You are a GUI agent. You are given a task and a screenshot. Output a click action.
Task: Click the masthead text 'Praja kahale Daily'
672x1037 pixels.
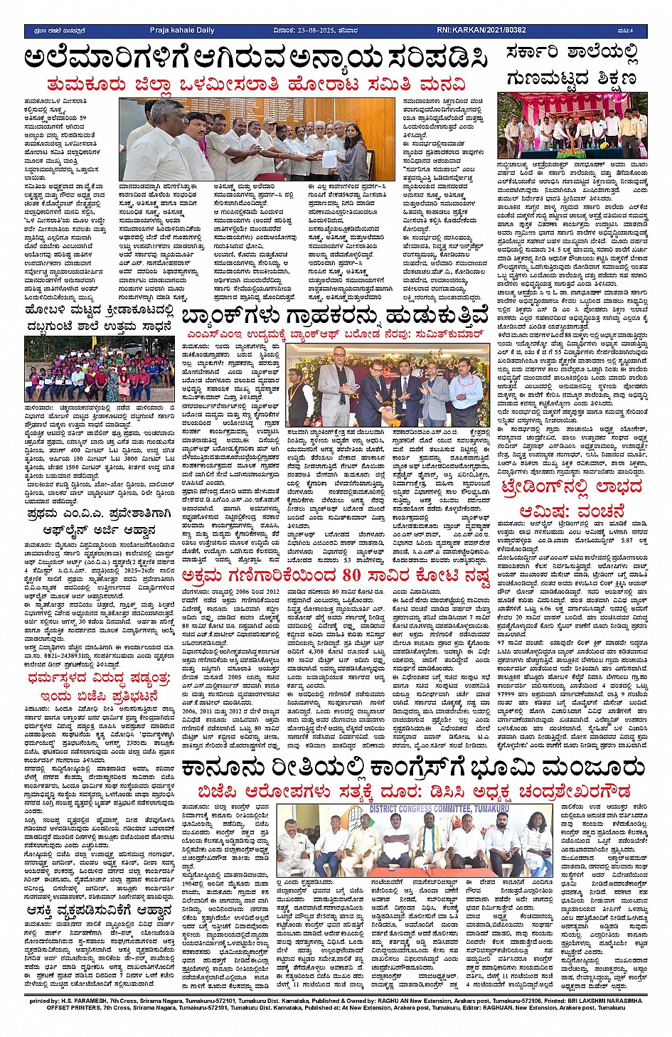(x=181, y=31)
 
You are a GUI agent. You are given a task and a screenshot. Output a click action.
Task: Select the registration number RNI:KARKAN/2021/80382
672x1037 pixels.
(x=481, y=31)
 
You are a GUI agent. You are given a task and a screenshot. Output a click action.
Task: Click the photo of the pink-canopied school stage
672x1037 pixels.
(x=572, y=125)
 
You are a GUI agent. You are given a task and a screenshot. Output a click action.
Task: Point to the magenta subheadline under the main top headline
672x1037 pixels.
(x=257, y=84)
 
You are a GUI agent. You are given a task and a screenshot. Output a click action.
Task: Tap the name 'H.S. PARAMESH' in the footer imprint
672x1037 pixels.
(x=97, y=1001)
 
